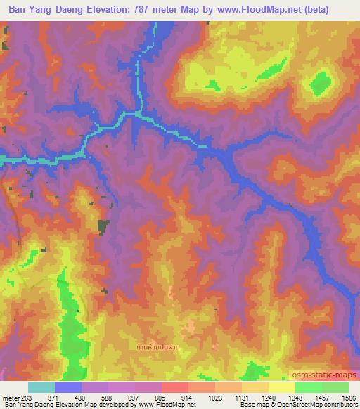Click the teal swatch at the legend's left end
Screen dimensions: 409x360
point(41,387)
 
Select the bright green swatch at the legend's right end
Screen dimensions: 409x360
point(335,387)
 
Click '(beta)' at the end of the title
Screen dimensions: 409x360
point(332,9)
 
